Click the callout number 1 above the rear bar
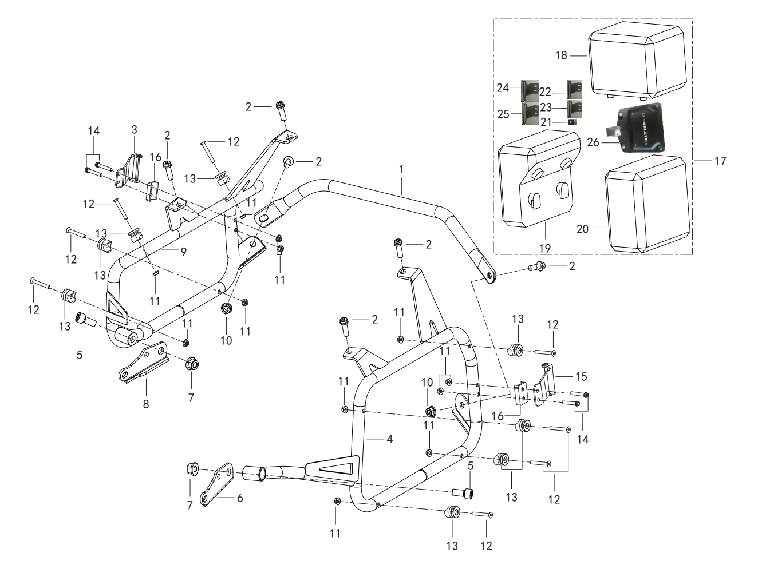click(401, 169)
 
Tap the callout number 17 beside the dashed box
click(720, 161)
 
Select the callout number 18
click(562, 55)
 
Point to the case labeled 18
click(637, 61)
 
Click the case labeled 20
click(647, 204)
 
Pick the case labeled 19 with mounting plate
click(539, 178)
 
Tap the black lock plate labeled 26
click(641, 128)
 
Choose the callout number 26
click(593, 142)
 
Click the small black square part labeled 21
click(573, 122)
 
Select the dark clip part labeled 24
click(530, 90)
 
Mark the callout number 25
click(503, 114)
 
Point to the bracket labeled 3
click(129, 170)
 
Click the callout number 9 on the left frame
click(184, 252)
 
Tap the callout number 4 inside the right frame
click(389, 439)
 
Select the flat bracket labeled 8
click(144, 362)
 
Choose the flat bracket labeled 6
click(217, 484)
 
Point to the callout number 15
click(581, 376)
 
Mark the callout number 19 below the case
click(545, 248)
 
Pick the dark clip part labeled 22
click(574, 89)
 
